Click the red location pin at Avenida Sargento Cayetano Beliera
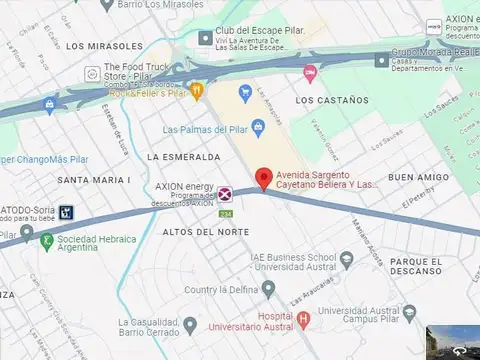click(x=264, y=178)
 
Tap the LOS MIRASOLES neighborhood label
click(x=104, y=46)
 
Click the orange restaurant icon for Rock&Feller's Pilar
click(x=197, y=91)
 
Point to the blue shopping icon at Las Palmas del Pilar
click(x=258, y=127)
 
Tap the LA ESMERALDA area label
click(x=182, y=157)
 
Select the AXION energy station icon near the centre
click(x=227, y=193)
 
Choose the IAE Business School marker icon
click(x=346, y=260)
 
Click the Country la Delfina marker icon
click(x=268, y=290)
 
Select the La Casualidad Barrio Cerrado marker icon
click(x=190, y=323)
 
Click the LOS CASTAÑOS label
click(x=334, y=101)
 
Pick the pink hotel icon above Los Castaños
click(x=310, y=72)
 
